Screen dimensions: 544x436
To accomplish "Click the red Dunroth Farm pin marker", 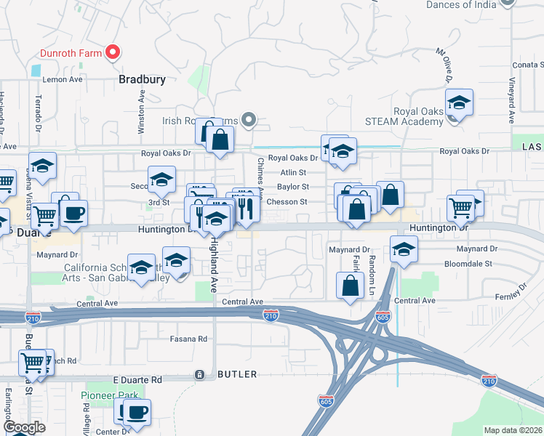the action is pyautogui.click(x=113, y=52).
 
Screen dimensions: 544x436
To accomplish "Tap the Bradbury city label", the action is pyautogui.click(x=143, y=79).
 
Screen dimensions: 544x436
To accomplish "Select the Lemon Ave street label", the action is pyautogui.click(x=64, y=79).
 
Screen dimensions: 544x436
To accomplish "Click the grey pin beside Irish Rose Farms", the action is pyautogui.click(x=249, y=119).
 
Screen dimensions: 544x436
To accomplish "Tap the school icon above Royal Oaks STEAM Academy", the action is pyautogui.click(x=459, y=102).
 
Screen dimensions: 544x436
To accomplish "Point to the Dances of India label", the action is pyautogui.click(x=461, y=4).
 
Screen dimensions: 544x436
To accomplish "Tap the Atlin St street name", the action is pyautogui.click(x=293, y=173).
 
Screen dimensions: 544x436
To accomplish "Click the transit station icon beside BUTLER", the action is pyautogui.click(x=199, y=374).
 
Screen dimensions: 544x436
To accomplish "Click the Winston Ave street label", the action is pyautogui.click(x=143, y=111).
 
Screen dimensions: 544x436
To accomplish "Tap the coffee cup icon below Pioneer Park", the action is pyautogui.click(x=136, y=413).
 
